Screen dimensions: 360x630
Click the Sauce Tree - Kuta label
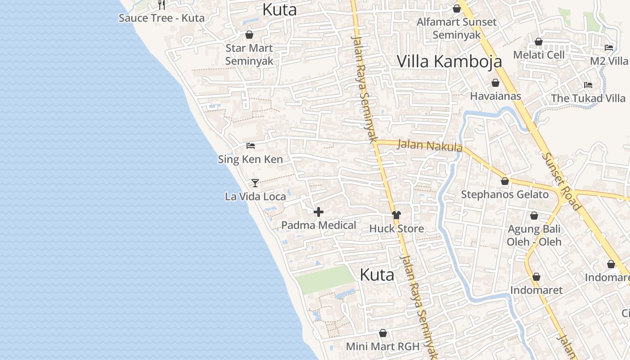click(162, 18)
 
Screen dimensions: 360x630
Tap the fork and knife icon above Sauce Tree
click(162, 5)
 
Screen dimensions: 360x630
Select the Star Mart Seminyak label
click(249, 54)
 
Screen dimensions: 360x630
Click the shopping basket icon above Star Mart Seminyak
click(249, 35)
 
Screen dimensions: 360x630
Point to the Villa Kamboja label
click(449, 61)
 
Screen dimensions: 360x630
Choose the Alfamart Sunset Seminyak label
click(456, 28)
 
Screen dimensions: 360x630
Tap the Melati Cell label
click(539, 55)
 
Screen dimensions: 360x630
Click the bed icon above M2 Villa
click(609, 47)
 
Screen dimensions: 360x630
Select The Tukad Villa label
click(588, 98)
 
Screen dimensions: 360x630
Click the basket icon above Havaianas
click(495, 83)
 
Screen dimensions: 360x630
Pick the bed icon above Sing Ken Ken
click(251, 146)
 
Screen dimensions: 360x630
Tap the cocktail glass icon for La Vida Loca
click(255, 183)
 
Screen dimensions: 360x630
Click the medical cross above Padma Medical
click(319, 212)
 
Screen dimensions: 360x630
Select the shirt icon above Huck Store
click(396, 215)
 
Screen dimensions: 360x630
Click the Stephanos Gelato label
click(505, 194)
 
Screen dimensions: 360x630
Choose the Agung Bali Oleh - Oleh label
click(534, 235)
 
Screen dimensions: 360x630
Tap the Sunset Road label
click(561, 181)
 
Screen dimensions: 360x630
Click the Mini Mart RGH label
click(382, 346)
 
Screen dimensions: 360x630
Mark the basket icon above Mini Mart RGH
click(383, 333)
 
